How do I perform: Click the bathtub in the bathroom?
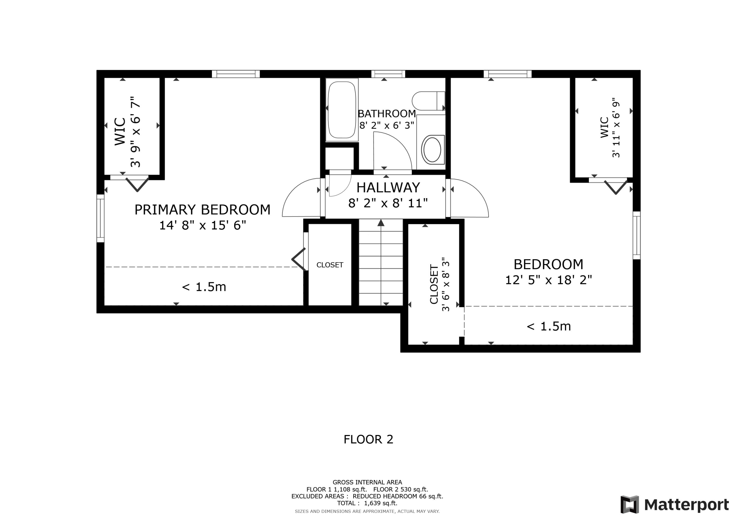pos(342,110)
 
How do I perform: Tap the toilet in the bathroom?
pos(428,101)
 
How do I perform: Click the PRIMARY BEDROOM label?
pos(202,210)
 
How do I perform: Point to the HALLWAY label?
pos(388,187)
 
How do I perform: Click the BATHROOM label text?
pos(387,114)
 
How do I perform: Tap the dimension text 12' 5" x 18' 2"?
pos(548,280)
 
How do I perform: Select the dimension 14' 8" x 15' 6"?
pos(202,225)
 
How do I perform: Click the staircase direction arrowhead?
pos(381,223)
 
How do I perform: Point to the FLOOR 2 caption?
pos(368,439)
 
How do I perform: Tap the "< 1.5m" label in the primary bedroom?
pos(204,287)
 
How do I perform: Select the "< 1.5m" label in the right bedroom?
pos(549,326)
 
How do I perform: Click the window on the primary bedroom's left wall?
pos(100,218)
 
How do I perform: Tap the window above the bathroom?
pos(388,74)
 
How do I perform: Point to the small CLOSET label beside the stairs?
pos(330,265)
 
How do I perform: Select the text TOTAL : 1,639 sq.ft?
pos(367,503)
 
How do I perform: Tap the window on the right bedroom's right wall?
pos(637,235)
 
